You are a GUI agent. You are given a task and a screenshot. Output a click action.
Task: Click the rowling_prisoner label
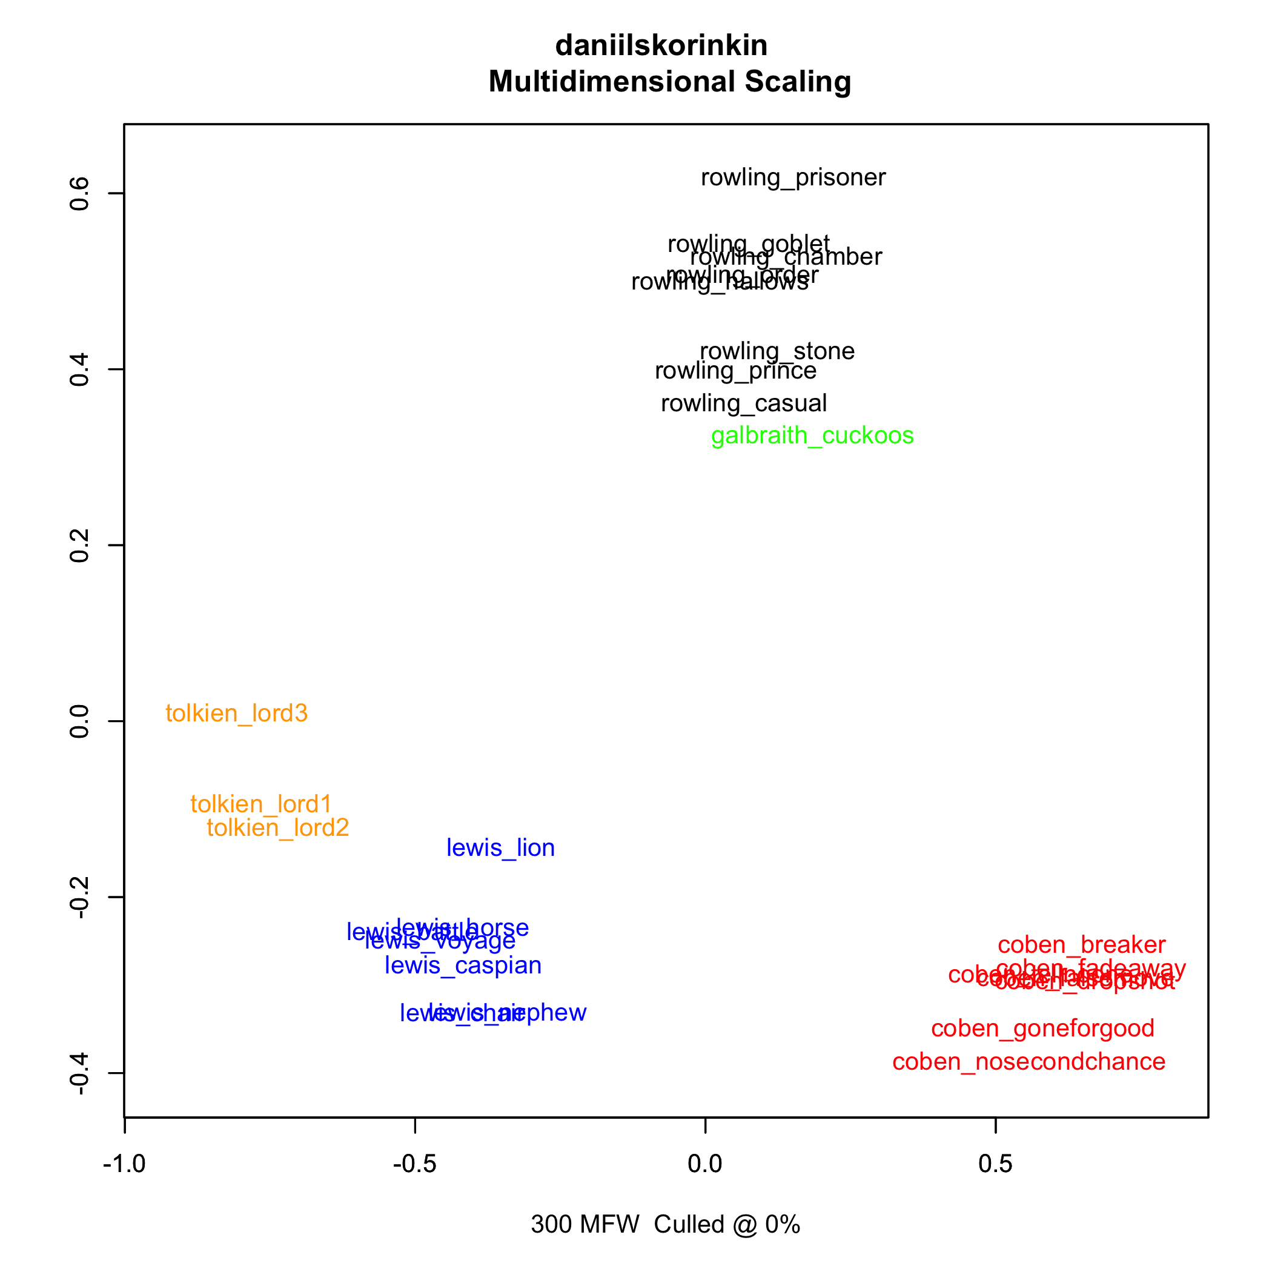[x=793, y=177]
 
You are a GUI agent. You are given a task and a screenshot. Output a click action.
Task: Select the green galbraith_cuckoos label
[x=812, y=436]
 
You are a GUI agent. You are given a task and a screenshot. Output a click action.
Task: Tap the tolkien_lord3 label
[x=236, y=714]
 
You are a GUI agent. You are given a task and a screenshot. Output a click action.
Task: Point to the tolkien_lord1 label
[x=260, y=804]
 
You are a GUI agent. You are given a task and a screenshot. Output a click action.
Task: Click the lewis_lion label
[x=500, y=848]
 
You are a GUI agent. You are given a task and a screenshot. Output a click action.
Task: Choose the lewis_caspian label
[x=463, y=966]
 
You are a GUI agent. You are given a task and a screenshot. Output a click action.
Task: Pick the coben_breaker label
[x=1081, y=946]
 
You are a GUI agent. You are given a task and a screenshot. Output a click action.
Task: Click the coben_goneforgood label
[x=1042, y=1029]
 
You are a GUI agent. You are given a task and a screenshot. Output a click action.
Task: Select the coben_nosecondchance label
[x=1029, y=1062]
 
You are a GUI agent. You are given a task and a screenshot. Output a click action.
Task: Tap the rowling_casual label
[x=743, y=403]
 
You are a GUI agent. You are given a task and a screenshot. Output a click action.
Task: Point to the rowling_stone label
[x=777, y=351]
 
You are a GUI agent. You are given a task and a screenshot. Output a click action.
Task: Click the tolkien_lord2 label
[x=277, y=828]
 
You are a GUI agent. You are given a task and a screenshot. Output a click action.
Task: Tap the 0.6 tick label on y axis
[x=80, y=193]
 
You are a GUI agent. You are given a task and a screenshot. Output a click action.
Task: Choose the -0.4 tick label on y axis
[x=80, y=1073]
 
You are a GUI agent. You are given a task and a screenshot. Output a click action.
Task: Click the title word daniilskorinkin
[x=661, y=45]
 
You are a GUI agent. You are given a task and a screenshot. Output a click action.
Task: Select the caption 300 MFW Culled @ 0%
[x=665, y=1225]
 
